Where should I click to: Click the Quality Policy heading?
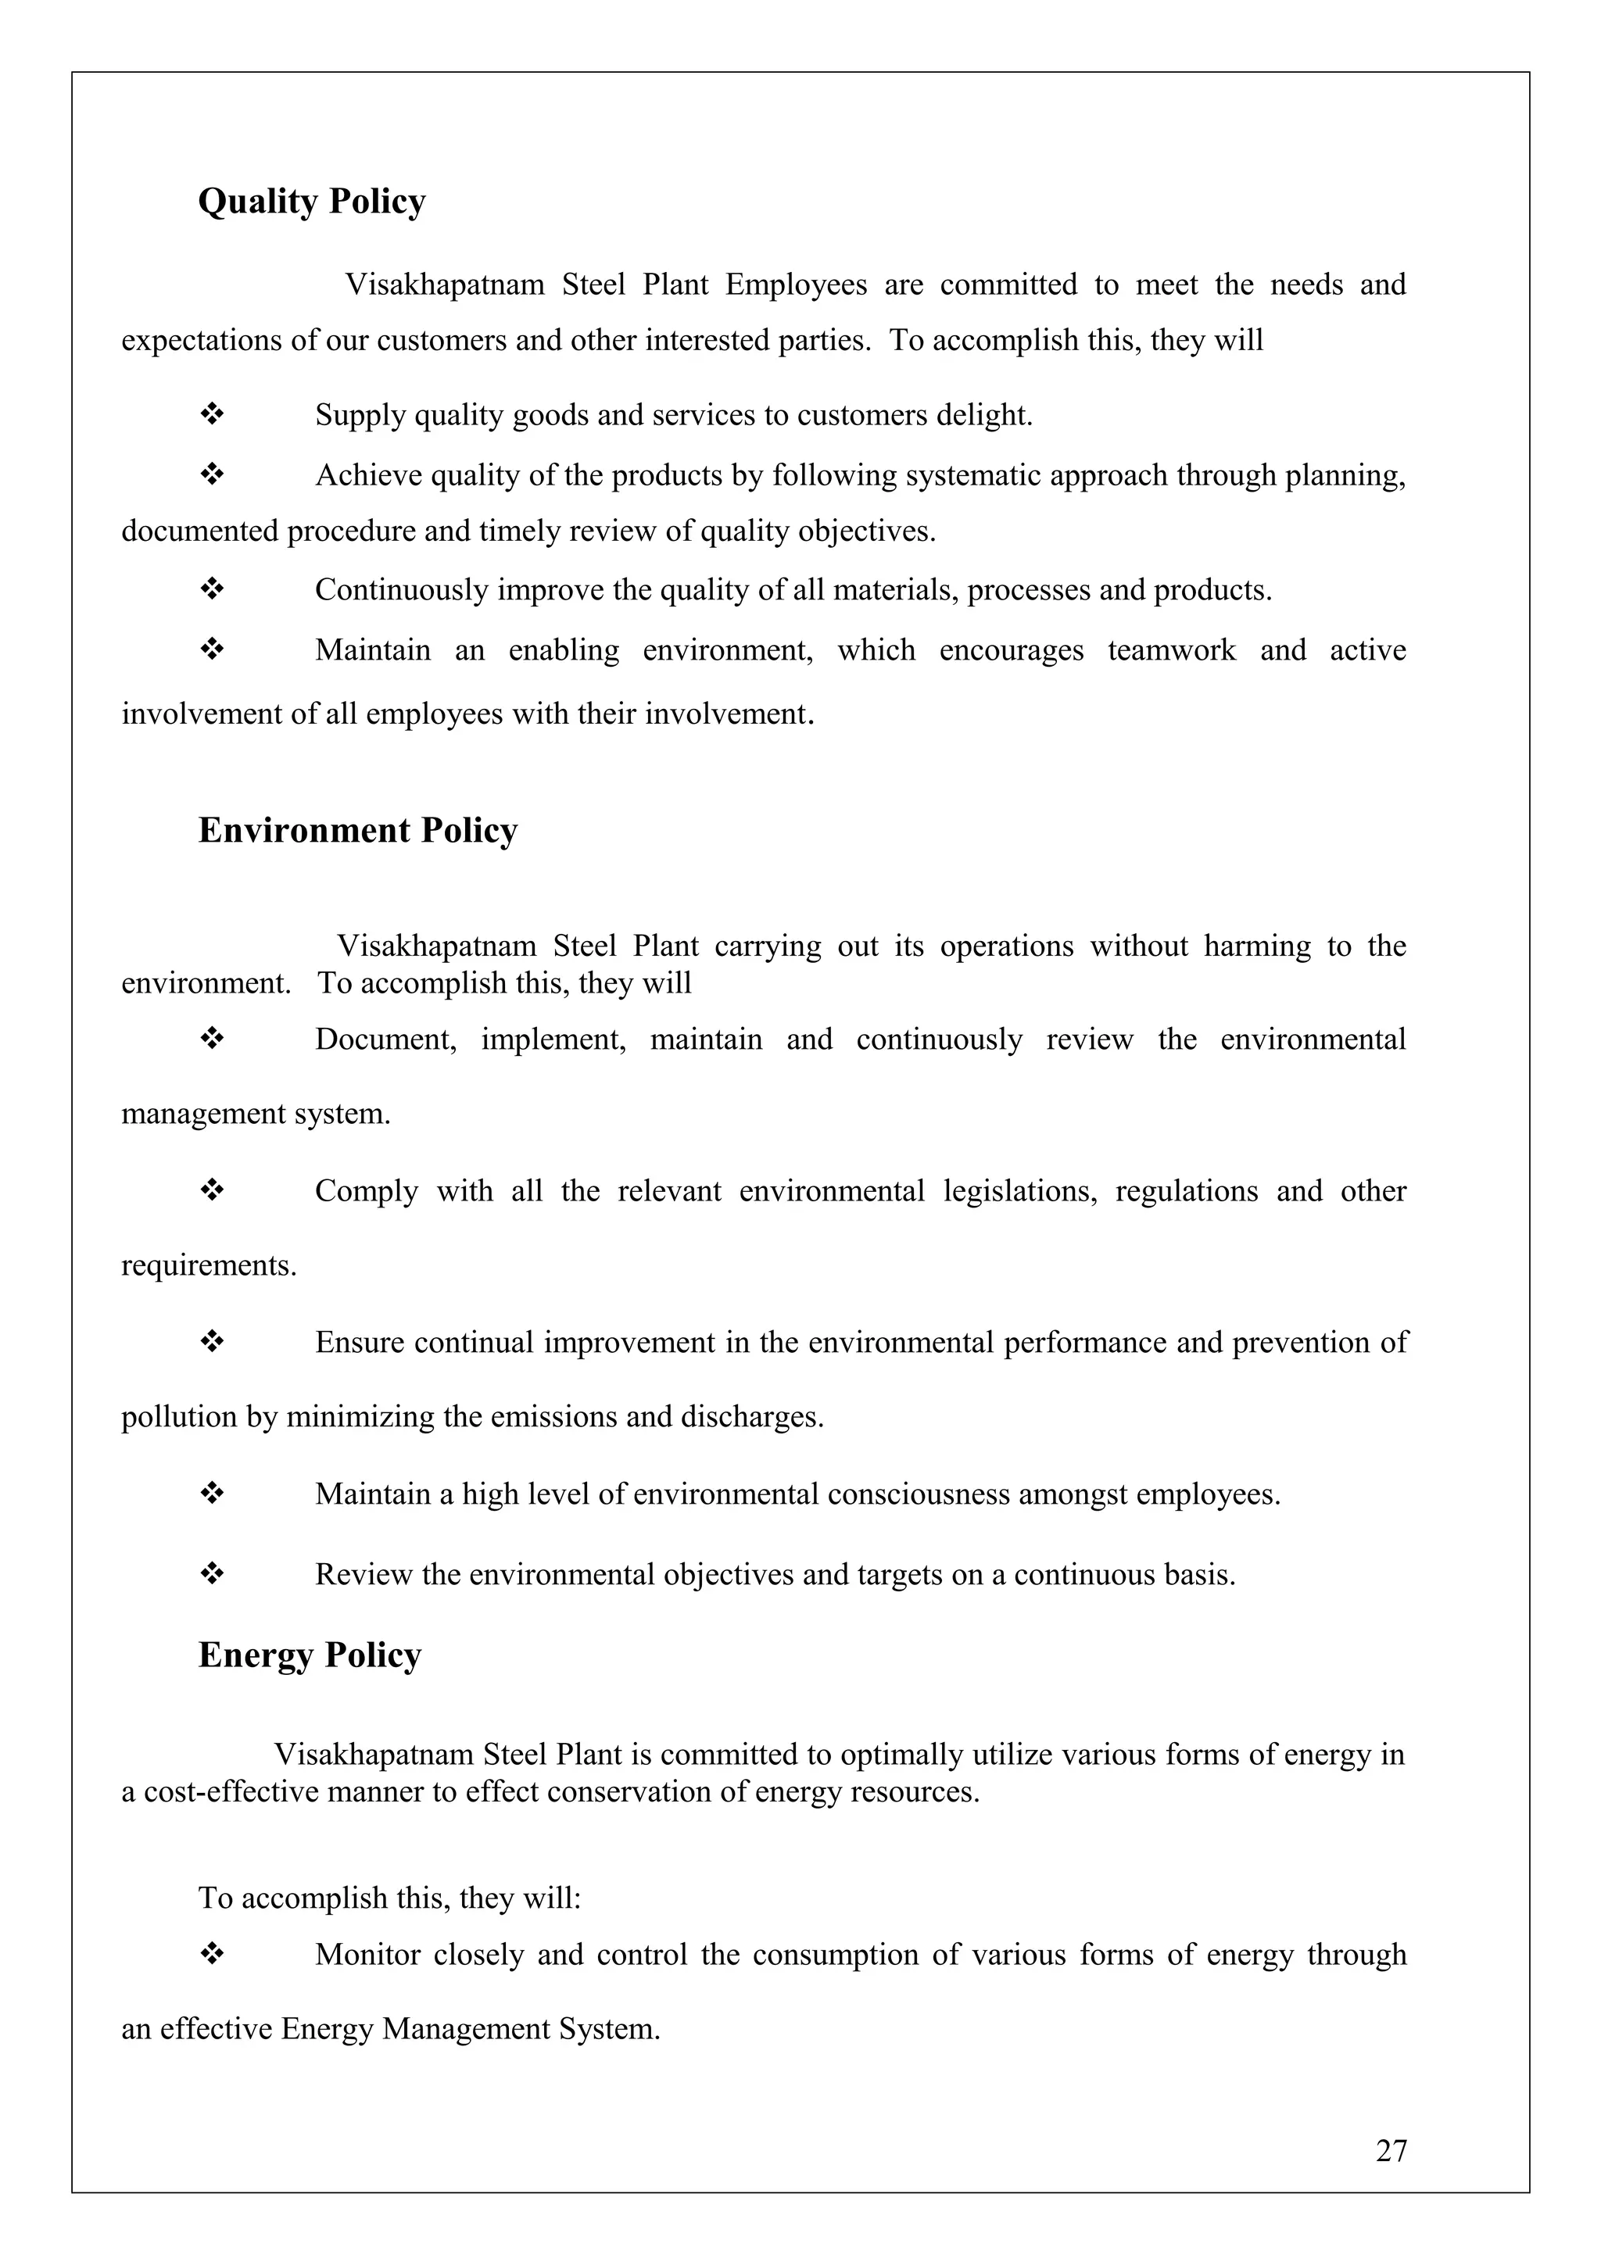point(312,202)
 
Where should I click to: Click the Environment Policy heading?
point(357,831)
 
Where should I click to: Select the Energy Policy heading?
point(310,1655)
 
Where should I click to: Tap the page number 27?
point(1391,2178)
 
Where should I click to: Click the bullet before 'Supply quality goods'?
point(212,414)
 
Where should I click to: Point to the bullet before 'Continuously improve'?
point(212,590)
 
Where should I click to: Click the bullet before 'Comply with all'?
point(212,1190)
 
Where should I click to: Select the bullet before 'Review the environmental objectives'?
point(212,1573)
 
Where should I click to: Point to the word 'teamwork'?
point(1171,650)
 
